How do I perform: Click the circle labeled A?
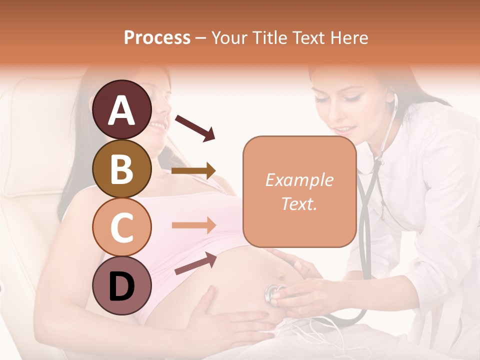pos(122,110)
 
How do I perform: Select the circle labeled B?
pos(122,168)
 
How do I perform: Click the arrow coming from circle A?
pos(195,127)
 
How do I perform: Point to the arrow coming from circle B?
pos(193,171)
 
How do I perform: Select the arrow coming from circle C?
pos(193,225)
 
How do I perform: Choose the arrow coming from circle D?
pos(195,263)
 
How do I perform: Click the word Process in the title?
pos(157,37)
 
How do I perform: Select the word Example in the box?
pos(299,180)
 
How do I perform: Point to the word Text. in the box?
pos(299,203)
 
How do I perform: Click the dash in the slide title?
pos(201,38)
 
